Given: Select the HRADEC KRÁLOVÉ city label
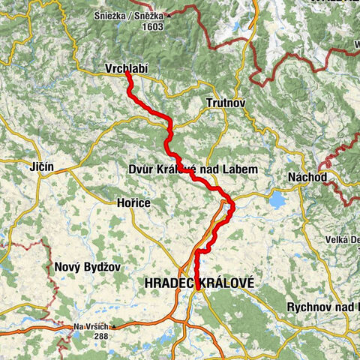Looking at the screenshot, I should (x=198, y=283).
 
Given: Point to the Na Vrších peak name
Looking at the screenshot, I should (x=91, y=327).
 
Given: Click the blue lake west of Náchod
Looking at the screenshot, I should (x=277, y=200).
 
